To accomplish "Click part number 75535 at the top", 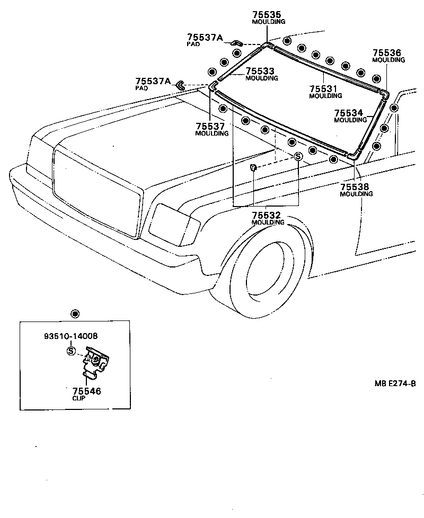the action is pos(267,14).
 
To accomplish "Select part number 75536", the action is pos(387,53).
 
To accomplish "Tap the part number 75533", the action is pos(260,71).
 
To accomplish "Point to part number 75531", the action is pos(323,88).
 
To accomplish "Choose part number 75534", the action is pos(348,113).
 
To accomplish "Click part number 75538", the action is pos(355,187).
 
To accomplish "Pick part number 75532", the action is pos(266,216).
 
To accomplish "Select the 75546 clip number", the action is pos(86,391).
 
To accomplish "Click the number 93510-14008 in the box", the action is pos(70,336).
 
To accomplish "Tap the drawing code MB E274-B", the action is pos(395,383).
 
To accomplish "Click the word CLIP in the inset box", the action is pos(78,398).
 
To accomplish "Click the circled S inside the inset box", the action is pos(71,351).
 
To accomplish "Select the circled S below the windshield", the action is pos(298,156).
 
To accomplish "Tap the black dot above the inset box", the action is pos(75,314).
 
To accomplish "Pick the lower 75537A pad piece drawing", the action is pos(180,85).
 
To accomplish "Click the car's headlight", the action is pos(174,225).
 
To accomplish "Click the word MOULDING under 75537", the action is pos(212,133).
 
